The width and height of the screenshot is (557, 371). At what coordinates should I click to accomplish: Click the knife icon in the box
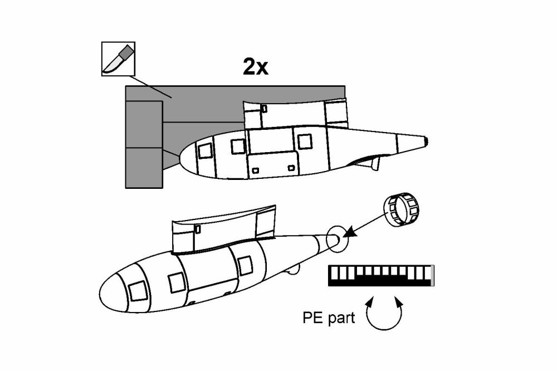click(118, 58)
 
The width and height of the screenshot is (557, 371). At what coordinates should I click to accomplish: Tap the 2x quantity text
click(256, 67)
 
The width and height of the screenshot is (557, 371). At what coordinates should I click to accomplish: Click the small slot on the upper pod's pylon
click(264, 108)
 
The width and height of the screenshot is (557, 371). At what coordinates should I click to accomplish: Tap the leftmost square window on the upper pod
click(204, 149)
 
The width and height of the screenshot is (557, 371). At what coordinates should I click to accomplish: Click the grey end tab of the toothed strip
click(433, 276)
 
